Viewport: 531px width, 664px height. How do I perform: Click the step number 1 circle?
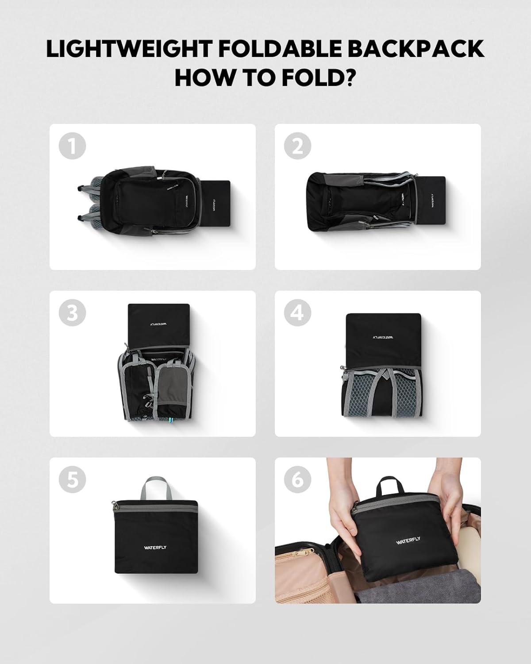[x=72, y=146]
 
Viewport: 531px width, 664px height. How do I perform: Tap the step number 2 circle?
[x=297, y=146]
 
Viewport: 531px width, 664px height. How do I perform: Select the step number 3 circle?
[x=72, y=313]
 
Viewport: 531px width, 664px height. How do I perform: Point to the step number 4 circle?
[x=297, y=313]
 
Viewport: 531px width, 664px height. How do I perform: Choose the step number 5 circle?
[x=72, y=479]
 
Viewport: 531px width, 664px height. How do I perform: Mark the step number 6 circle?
[x=297, y=479]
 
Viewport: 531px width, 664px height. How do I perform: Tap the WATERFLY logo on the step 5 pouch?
[x=155, y=548]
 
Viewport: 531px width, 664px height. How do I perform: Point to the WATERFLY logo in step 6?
[x=408, y=541]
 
